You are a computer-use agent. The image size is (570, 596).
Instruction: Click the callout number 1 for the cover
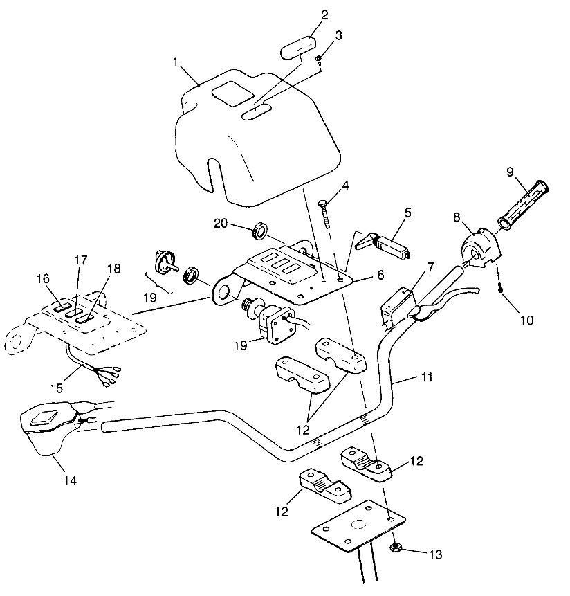click(175, 62)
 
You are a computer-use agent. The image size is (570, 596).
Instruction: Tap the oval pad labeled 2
click(298, 48)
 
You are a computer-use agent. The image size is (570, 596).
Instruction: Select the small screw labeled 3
click(318, 59)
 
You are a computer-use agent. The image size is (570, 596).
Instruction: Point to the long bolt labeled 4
click(324, 213)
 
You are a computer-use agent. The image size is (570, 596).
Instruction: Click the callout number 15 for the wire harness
click(56, 388)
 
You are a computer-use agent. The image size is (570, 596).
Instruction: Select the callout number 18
click(114, 269)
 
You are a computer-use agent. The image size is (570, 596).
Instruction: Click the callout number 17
click(81, 260)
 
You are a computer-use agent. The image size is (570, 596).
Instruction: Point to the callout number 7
click(430, 267)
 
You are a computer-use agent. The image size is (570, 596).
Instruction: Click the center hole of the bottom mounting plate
click(358, 525)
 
